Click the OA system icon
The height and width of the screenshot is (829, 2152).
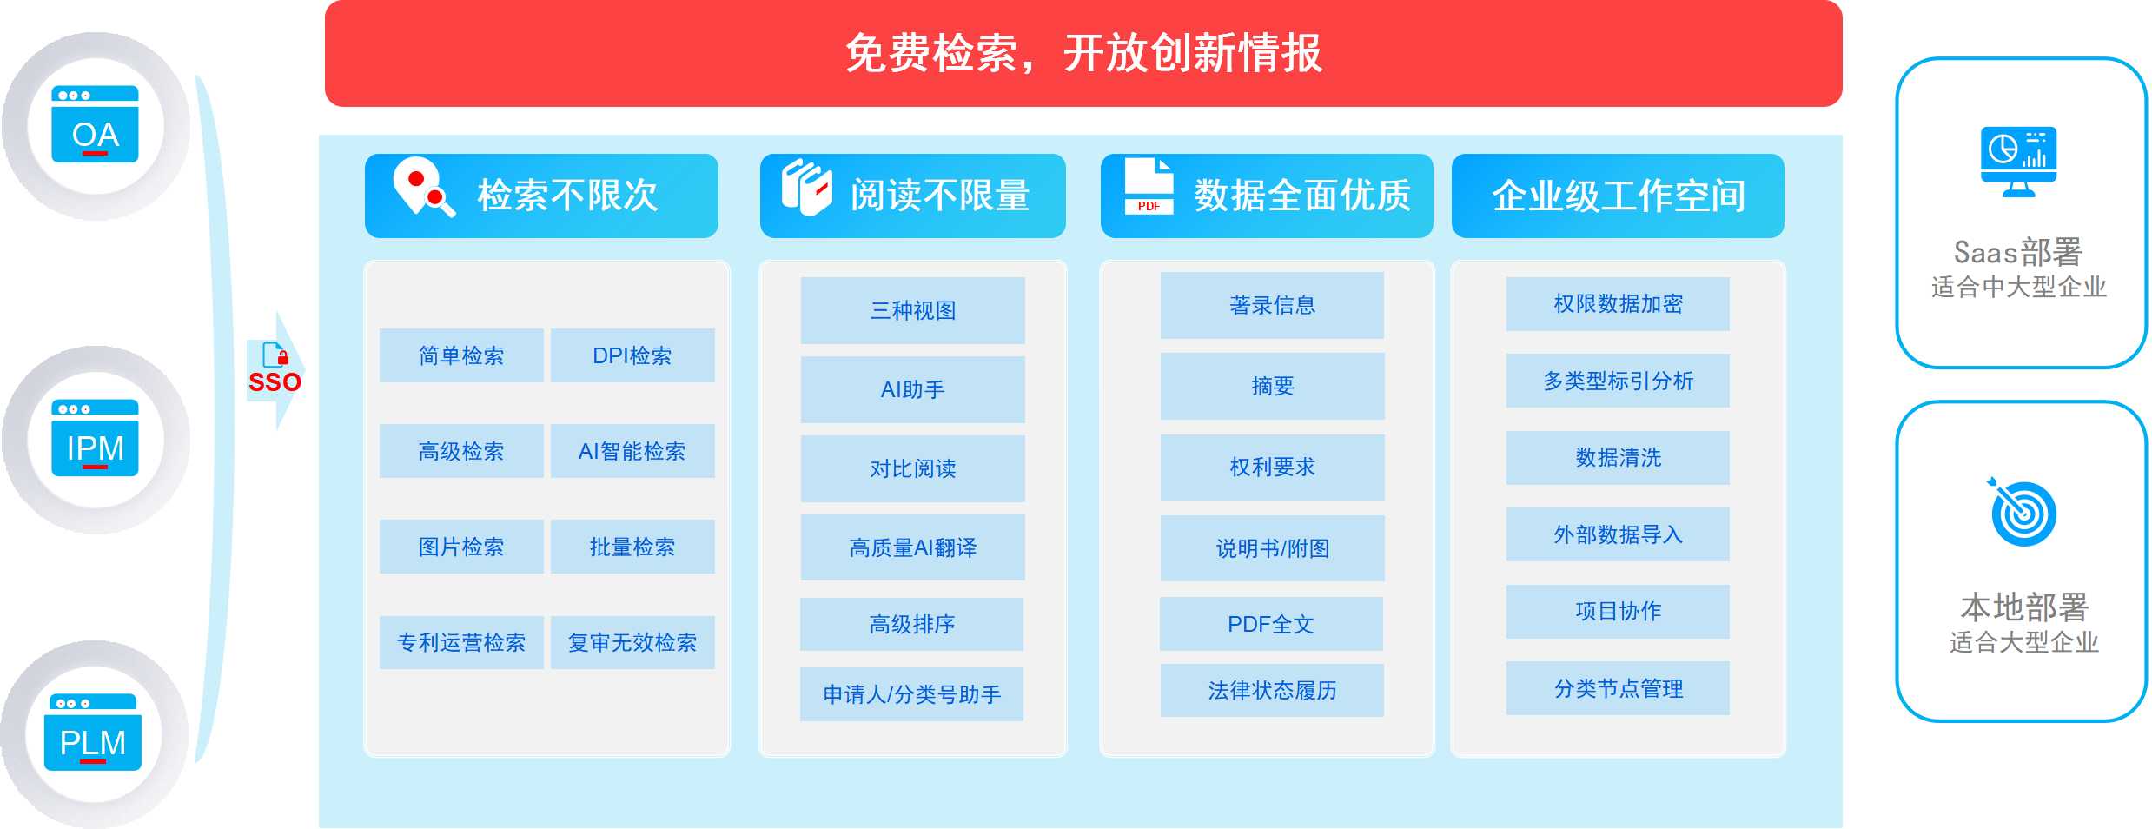pyautogui.click(x=95, y=124)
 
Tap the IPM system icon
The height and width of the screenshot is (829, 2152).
pyautogui.click(x=95, y=438)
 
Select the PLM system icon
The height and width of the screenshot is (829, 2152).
pyautogui.click(x=92, y=733)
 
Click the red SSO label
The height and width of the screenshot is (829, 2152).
pyautogui.click(x=275, y=382)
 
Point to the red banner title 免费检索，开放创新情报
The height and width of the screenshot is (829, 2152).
pyautogui.click(x=1083, y=53)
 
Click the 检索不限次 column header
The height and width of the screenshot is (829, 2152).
pyautogui.click(x=541, y=196)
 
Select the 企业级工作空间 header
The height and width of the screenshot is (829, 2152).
pyautogui.click(x=1618, y=196)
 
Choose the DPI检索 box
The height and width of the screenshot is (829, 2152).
pyautogui.click(x=632, y=355)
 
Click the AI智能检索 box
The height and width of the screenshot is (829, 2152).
pyautogui.click(x=632, y=451)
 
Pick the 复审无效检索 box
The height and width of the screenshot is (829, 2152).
pyautogui.click(x=632, y=642)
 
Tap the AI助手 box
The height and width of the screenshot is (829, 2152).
pyautogui.click(x=912, y=389)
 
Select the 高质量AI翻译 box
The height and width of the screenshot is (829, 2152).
pyautogui.click(x=912, y=547)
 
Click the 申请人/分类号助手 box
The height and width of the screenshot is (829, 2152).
pyautogui.click(x=911, y=694)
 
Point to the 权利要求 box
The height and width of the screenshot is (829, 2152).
pyautogui.click(x=1272, y=468)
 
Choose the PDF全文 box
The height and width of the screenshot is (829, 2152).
pyautogui.click(x=1271, y=624)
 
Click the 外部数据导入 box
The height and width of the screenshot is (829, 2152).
pyautogui.click(x=1618, y=534)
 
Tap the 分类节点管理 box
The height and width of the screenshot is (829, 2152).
pyautogui.click(x=1618, y=688)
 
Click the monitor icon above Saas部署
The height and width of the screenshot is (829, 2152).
pyautogui.click(x=2018, y=162)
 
